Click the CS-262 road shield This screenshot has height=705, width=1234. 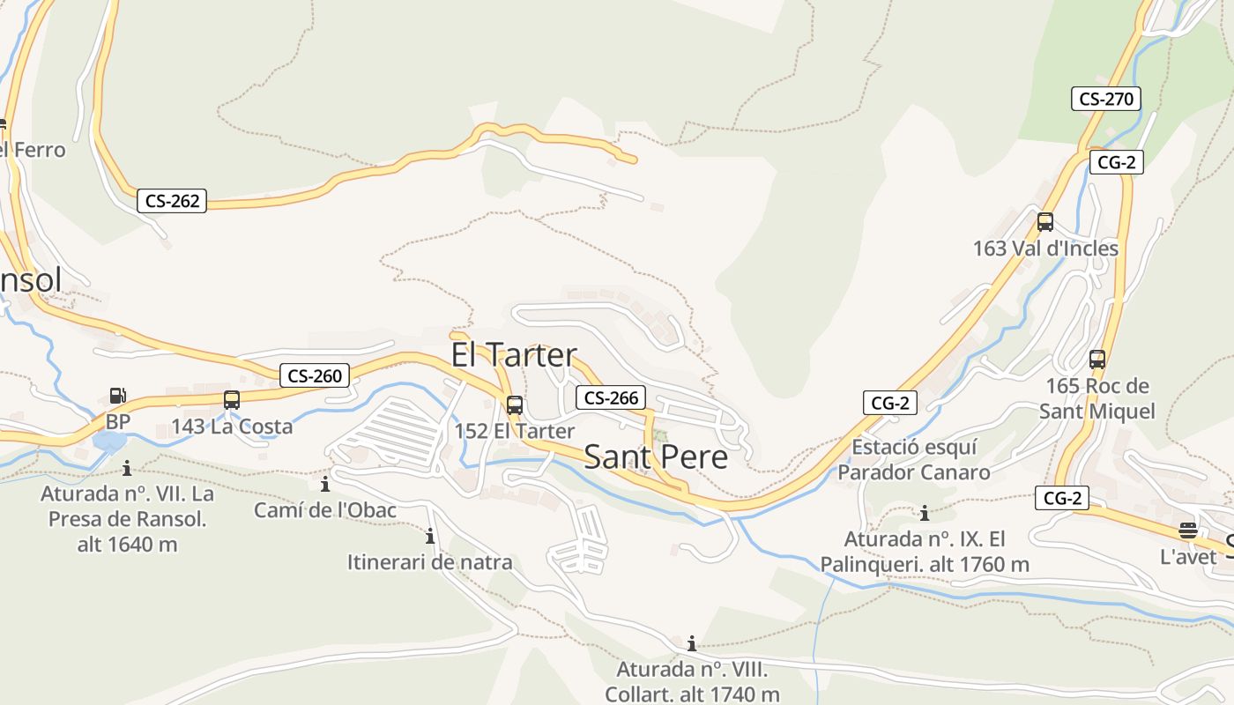pos(172,201)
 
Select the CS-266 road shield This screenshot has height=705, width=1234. pos(611,397)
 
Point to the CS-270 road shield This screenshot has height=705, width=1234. pos(1106,99)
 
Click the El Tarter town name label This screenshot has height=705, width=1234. pos(514,355)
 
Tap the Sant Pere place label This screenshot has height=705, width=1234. pos(656,457)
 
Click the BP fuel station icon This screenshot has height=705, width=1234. pos(117,397)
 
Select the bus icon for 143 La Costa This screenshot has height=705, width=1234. pos(232,400)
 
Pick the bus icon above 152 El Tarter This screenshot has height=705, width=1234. pos(515,405)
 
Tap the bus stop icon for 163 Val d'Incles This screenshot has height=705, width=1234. pos(1045,222)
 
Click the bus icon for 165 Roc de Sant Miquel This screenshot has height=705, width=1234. pos(1097,360)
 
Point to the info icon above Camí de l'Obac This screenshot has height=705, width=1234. pos(325,484)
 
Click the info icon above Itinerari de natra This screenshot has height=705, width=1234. pos(430,536)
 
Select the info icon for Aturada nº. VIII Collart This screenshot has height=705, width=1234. pos(692,643)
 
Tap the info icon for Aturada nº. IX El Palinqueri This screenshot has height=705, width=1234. pos(925,513)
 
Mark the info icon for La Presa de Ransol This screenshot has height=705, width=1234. pos(127,468)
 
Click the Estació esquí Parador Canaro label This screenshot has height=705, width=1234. pos(913,460)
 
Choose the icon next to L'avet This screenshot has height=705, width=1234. pos(1188,531)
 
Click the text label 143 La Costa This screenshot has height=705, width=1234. pos(232,427)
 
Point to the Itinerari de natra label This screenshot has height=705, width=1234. pos(429,562)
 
